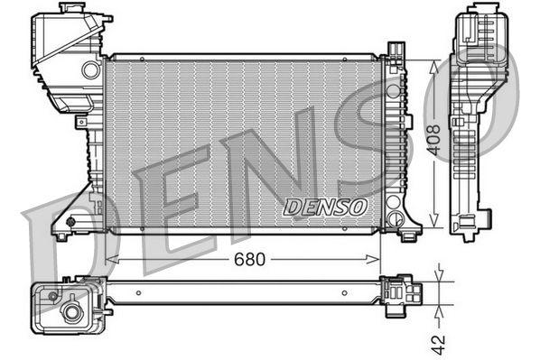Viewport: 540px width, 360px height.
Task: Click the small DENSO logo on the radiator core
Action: click(325, 207)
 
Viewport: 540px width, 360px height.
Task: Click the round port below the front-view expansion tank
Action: click(90, 69)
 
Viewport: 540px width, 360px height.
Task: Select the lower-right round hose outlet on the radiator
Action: click(393, 218)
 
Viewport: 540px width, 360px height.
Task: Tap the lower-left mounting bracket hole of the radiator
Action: click(70, 219)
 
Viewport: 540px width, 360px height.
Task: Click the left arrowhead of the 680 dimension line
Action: click(110, 260)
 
